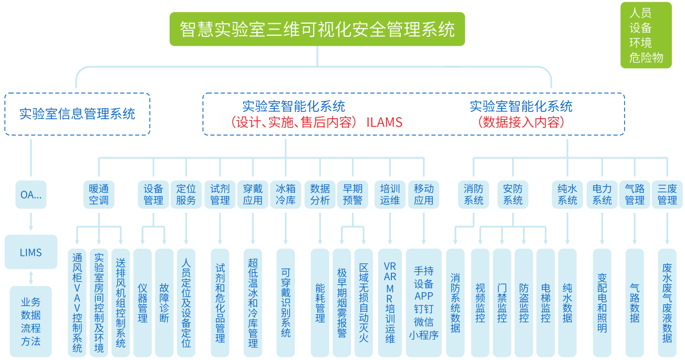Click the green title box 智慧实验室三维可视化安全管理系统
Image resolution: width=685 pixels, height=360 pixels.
[317, 29]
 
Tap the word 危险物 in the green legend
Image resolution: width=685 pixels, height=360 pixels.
[646, 58]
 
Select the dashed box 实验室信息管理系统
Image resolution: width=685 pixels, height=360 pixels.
[77, 114]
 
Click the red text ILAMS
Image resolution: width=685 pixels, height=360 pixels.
[385, 122]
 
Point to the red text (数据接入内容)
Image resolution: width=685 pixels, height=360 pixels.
[521, 122]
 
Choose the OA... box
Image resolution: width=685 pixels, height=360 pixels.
[30, 194]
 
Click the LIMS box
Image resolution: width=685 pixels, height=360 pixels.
[30, 252]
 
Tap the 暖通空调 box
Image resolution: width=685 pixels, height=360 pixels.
[99, 194]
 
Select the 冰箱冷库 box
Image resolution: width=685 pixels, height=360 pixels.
[285, 194]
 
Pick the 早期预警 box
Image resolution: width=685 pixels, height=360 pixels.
[352, 194]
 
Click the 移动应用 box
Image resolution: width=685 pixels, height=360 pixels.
[423, 194]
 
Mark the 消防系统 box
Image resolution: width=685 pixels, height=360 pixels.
[473, 194]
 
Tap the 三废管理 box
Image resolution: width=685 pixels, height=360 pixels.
[667, 194]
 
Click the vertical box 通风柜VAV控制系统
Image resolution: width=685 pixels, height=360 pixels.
[77, 303]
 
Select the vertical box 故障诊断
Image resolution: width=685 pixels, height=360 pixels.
[164, 303]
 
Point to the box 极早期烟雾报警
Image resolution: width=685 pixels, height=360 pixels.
[341, 303]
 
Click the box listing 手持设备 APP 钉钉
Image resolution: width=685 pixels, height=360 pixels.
[423, 303]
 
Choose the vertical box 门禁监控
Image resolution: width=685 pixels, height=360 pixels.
[502, 303]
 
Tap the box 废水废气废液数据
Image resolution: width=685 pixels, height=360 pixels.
[667, 303]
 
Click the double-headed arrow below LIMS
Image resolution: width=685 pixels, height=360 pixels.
[30, 277]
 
